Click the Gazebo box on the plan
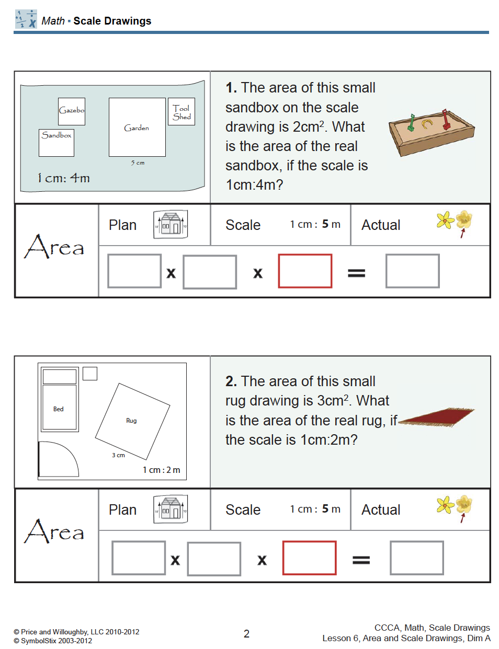72,111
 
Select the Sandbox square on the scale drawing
56,143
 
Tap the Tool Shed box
182,112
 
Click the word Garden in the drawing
137,128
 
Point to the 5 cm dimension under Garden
138,163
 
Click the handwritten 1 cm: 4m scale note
63,178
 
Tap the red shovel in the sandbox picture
446,120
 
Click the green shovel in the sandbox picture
412,123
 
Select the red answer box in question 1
305,271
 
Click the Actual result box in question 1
412,271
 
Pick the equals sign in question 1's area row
356,273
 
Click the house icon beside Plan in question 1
171,225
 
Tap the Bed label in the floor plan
59,409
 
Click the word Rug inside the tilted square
131,421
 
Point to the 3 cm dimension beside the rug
118,455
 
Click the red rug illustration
437,417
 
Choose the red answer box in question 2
309,558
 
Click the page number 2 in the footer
246,634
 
